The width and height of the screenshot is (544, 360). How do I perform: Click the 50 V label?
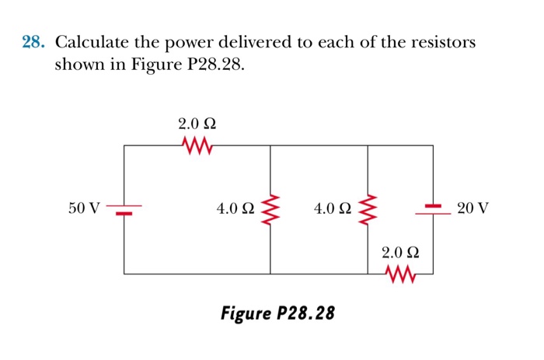[x=84, y=208]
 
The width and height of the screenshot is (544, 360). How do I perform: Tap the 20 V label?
[x=473, y=208]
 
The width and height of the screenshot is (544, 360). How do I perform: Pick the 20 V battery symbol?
[x=433, y=208]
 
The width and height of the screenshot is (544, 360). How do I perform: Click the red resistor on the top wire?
[x=197, y=145]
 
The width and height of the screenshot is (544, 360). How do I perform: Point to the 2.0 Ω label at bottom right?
[x=401, y=253]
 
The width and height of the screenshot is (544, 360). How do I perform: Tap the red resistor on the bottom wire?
[x=401, y=274]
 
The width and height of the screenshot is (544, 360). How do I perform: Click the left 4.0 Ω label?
[x=235, y=208]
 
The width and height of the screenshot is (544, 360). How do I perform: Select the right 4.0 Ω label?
[x=333, y=208]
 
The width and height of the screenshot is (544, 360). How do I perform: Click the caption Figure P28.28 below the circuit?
[x=278, y=313]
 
